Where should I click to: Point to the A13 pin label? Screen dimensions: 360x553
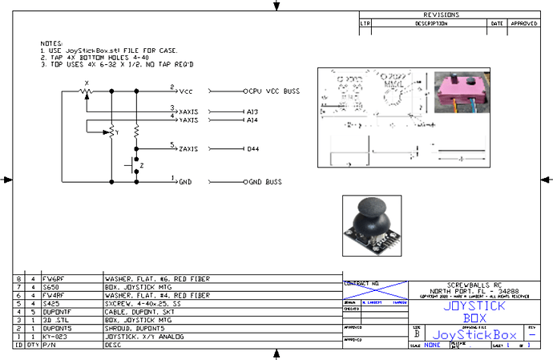[252, 111]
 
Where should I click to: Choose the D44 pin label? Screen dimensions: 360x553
[252, 150]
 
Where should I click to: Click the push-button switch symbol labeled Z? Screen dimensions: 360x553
[130, 167]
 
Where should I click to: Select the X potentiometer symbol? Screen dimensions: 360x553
[85, 91]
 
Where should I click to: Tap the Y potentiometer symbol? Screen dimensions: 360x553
[112, 133]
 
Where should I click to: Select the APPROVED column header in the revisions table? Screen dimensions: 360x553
[524, 24]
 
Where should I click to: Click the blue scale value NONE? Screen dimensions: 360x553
[434, 345]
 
